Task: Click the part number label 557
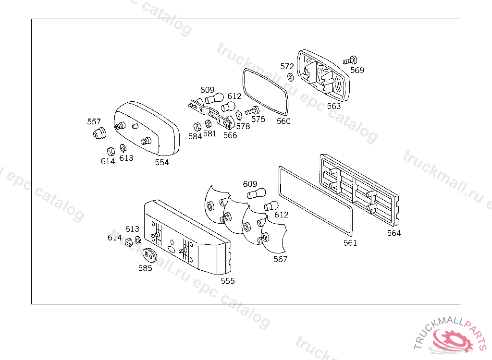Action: coord(94,121)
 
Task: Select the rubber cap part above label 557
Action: coord(99,133)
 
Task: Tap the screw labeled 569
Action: coord(350,60)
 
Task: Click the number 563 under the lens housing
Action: coord(333,106)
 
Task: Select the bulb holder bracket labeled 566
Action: coord(211,112)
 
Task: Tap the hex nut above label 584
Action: coord(197,127)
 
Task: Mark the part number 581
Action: coord(209,134)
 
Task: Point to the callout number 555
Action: coord(228,281)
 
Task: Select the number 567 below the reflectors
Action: coord(280,259)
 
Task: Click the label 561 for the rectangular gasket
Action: coord(350,243)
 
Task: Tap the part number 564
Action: coord(394,233)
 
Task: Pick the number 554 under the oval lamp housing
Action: coord(162,162)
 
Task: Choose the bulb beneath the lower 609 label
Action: coord(256,194)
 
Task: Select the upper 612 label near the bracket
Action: coord(234,96)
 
